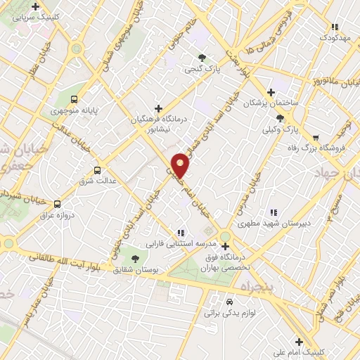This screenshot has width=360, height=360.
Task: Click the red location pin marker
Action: [x=181, y=165]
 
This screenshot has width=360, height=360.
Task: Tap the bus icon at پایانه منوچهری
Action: [x=74, y=99]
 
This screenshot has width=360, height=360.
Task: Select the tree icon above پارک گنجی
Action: [x=202, y=58]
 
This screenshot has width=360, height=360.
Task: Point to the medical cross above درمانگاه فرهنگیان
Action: [x=158, y=108]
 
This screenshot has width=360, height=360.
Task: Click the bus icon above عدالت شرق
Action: [x=97, y=169]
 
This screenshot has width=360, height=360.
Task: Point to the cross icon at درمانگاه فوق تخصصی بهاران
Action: [x=225, y=246]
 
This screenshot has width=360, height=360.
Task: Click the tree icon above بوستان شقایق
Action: [x=135, y=259]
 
